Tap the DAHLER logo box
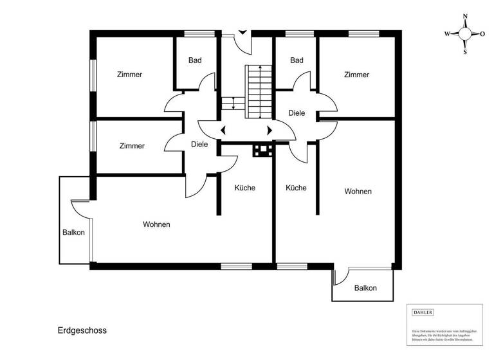(423, 312)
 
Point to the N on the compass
(465, 17)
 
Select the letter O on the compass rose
(482, 34)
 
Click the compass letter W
(448, 34)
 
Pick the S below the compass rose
(465, 52)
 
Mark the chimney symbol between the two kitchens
(262, 151)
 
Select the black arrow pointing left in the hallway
(223, 130)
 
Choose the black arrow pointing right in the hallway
(270, 130)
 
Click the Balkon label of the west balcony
(74, 233)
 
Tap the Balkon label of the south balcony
(365, 288)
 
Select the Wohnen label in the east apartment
(358, 192)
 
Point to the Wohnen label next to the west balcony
(156, 224)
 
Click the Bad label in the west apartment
(195, 60)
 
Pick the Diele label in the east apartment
(297, 113)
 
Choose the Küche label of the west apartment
(244, 188)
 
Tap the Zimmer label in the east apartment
(356, 75)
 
